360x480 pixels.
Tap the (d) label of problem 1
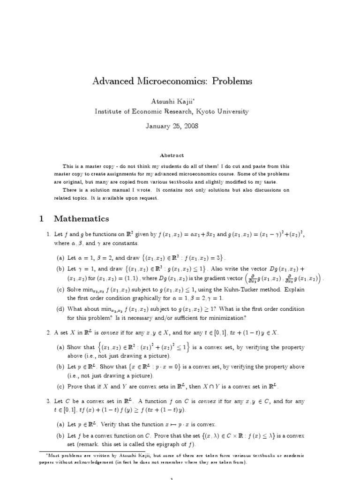pyautogui.click(x=60, y=309)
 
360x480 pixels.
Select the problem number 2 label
pyautogui.click(x=48, y=332)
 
